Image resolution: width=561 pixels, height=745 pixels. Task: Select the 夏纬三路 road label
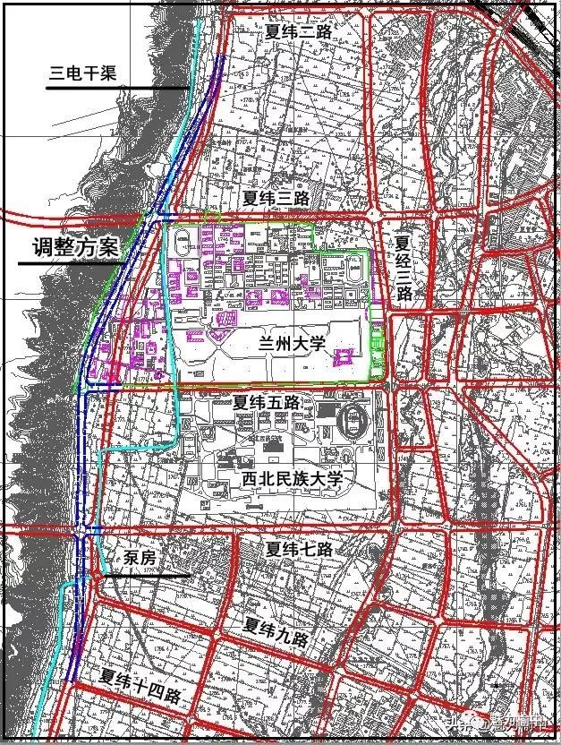pyautogui.click(x=277, y=197)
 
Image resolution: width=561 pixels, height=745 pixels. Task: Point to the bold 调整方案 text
pyautogui.click(x=68, y=247)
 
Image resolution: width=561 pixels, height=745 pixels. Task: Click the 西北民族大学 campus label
pyautogui.click(x=293, y=479)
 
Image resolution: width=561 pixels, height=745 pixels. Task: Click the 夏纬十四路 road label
pyautogui.click(x=141, y=685)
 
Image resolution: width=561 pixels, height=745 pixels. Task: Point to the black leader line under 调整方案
pyautogui.click(x=72, y=261)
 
